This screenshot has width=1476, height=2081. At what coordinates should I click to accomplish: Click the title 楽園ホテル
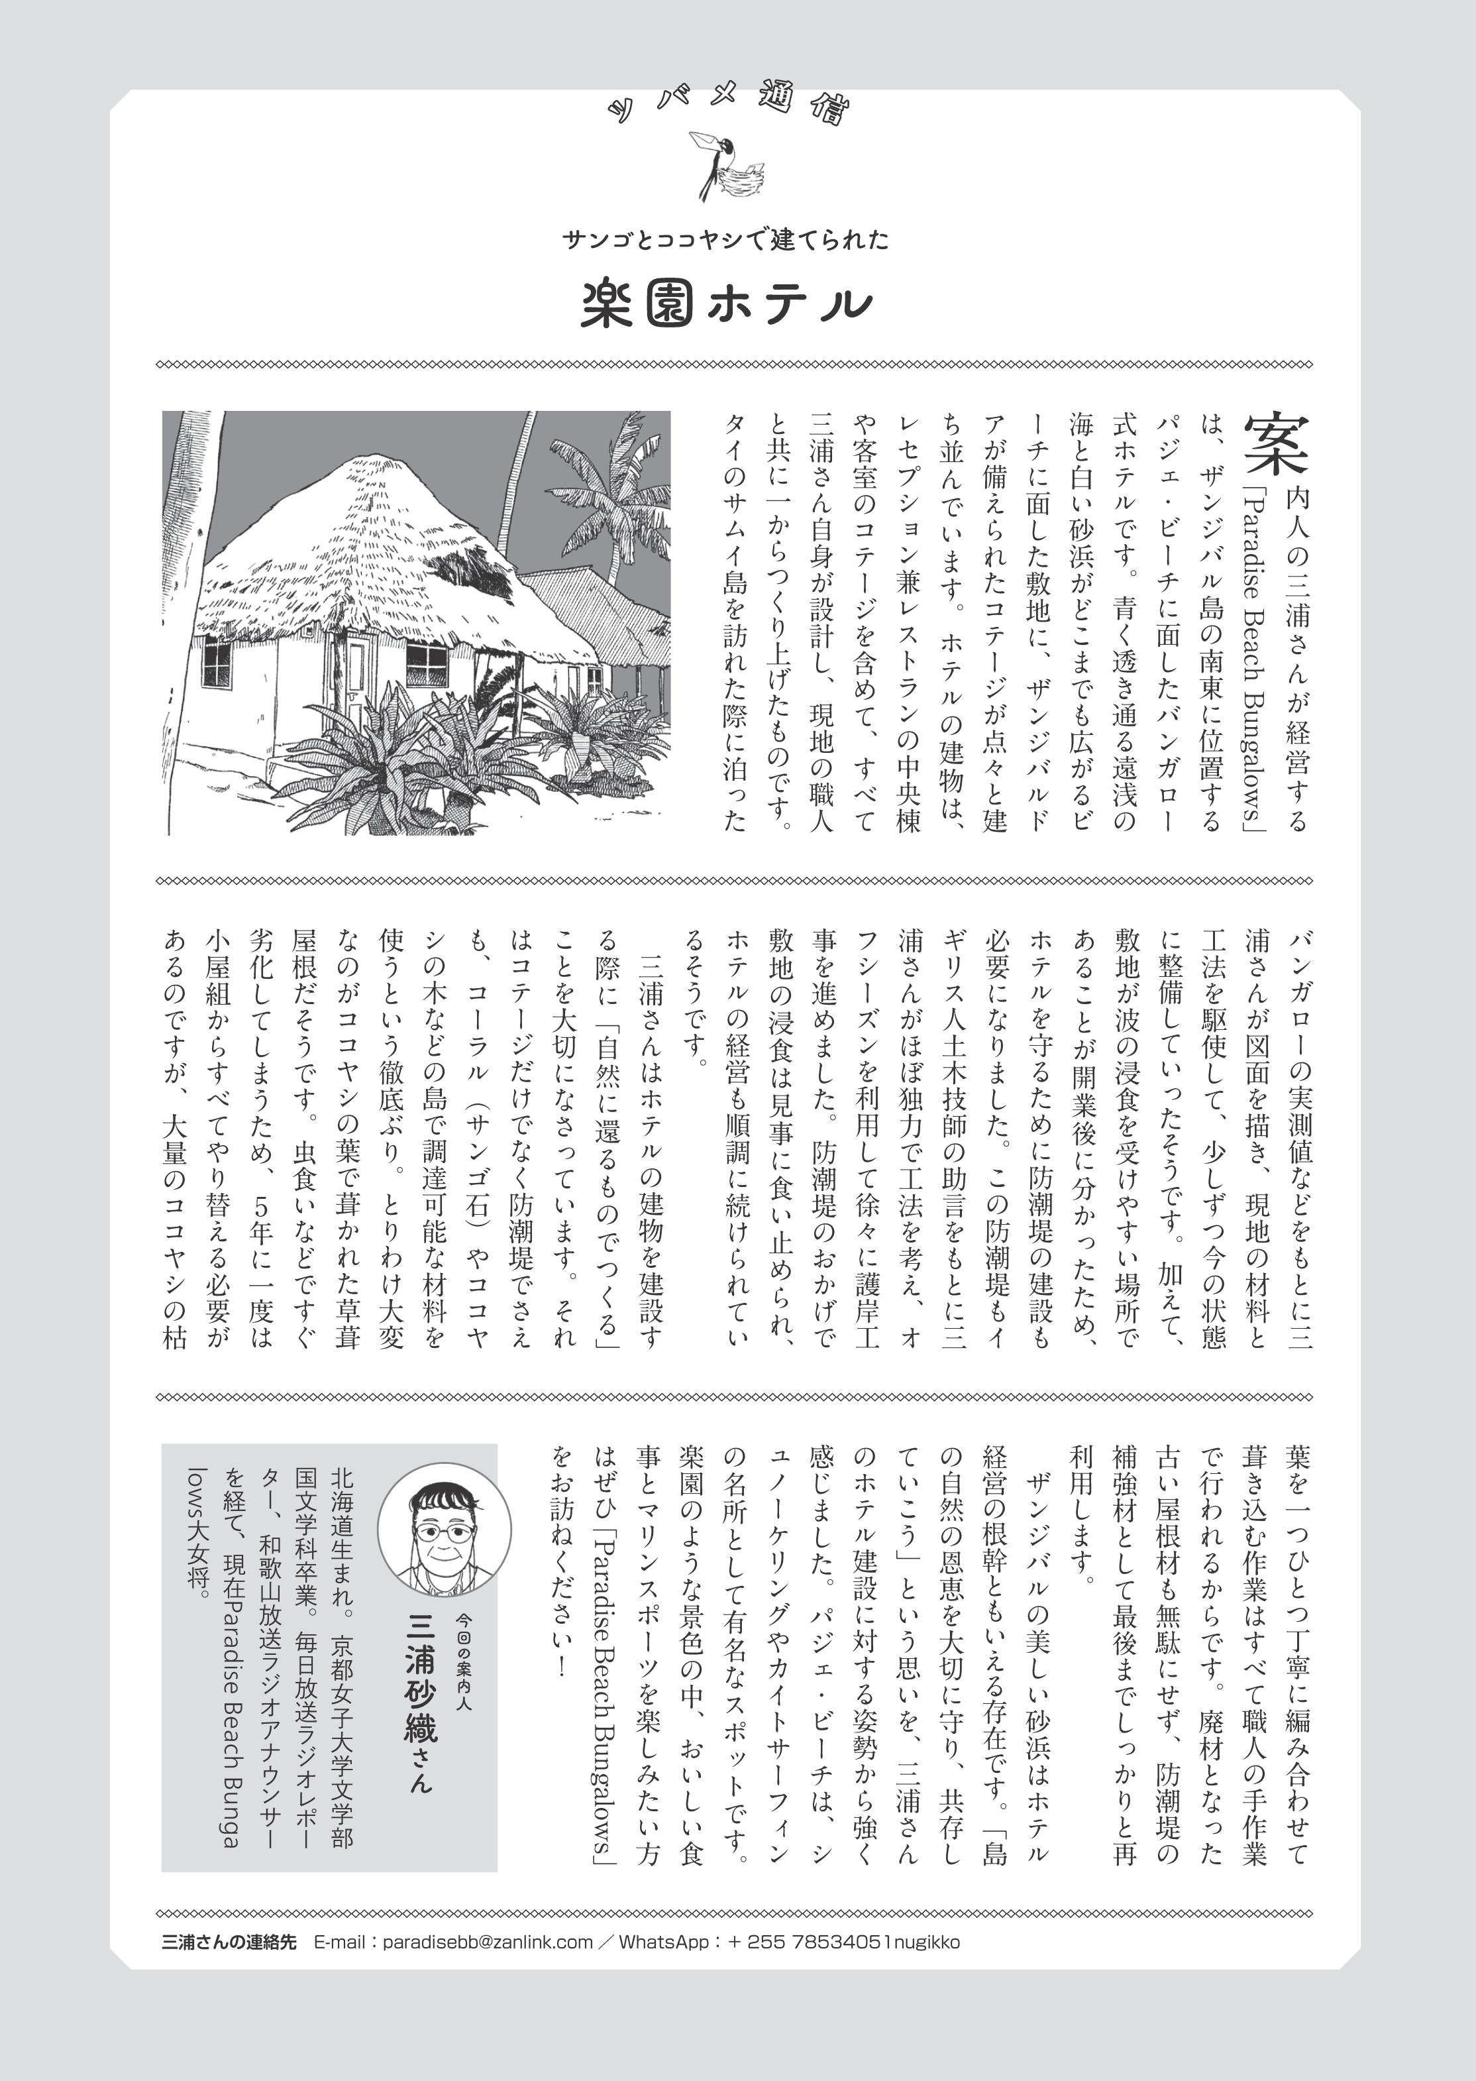point(726,306)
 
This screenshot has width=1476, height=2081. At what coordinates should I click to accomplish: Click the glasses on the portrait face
point(443,1532)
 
